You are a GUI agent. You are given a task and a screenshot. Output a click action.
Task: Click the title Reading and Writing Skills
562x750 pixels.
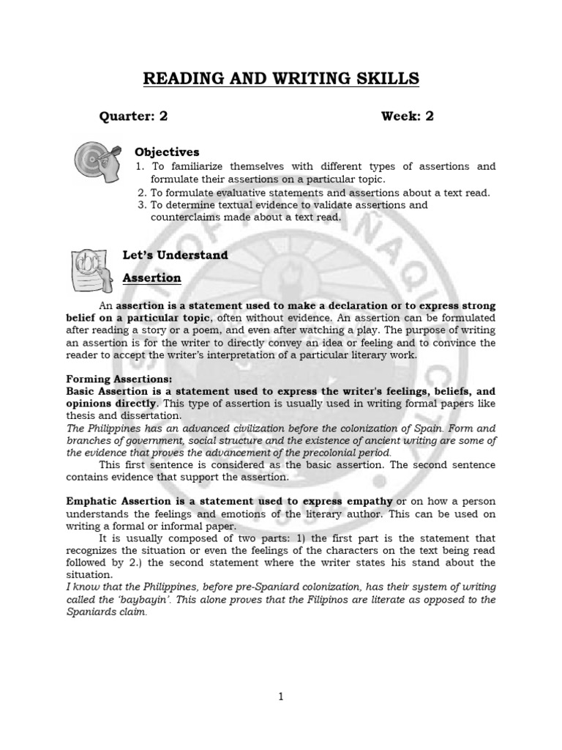[x=281, y=78]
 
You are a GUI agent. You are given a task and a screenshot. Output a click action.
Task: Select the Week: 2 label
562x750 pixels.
[x=407, y=116]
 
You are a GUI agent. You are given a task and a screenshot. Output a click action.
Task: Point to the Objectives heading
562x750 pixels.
[x=167, y=152]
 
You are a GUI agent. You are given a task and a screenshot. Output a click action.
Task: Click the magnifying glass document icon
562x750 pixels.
[x=91, y=269]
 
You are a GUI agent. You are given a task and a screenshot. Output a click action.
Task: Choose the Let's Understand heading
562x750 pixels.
[x=176, y=255]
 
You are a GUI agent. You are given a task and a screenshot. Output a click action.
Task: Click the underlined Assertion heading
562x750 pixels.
[x=151, y=278]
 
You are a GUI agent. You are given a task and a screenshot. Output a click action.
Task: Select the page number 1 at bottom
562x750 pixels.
[x=281, y=697]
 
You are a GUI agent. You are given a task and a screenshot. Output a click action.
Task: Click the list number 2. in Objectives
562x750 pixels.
[x=142, y=193]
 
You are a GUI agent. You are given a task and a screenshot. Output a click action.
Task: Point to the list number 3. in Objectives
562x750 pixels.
[x=142, y=205]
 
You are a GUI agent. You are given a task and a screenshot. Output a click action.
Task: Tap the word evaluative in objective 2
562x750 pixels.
[x=236, y=193]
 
